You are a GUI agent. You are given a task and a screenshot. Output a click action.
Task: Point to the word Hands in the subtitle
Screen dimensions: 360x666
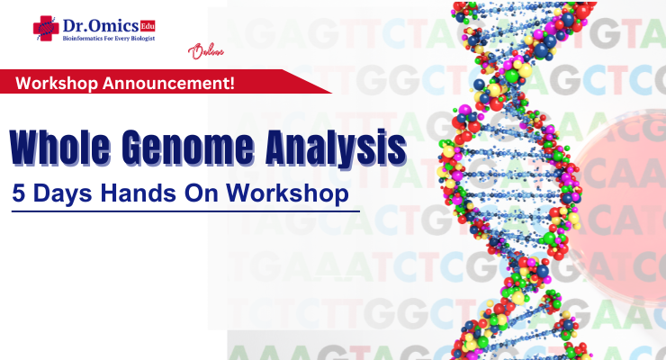click(x=136, y=193)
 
